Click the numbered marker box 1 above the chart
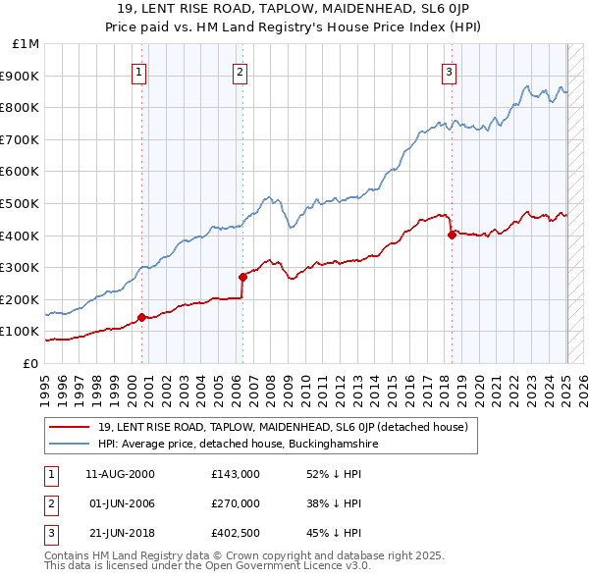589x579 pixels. (x=139, y=71)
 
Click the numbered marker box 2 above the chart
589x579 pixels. (x=240, y=71)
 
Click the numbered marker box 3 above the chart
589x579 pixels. (x=449, y=71)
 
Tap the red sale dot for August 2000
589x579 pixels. (x=141, y=317)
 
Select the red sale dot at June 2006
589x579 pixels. (x=242, y=277)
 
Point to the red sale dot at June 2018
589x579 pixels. (x=452, y=235)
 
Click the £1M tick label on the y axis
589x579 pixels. (x=27, y=43)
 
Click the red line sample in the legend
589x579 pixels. (x=69, y=427)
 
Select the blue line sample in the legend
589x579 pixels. (x=69, y=444)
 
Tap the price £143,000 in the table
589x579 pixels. (x=235, y=474)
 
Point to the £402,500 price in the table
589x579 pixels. (x=235, y=533)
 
